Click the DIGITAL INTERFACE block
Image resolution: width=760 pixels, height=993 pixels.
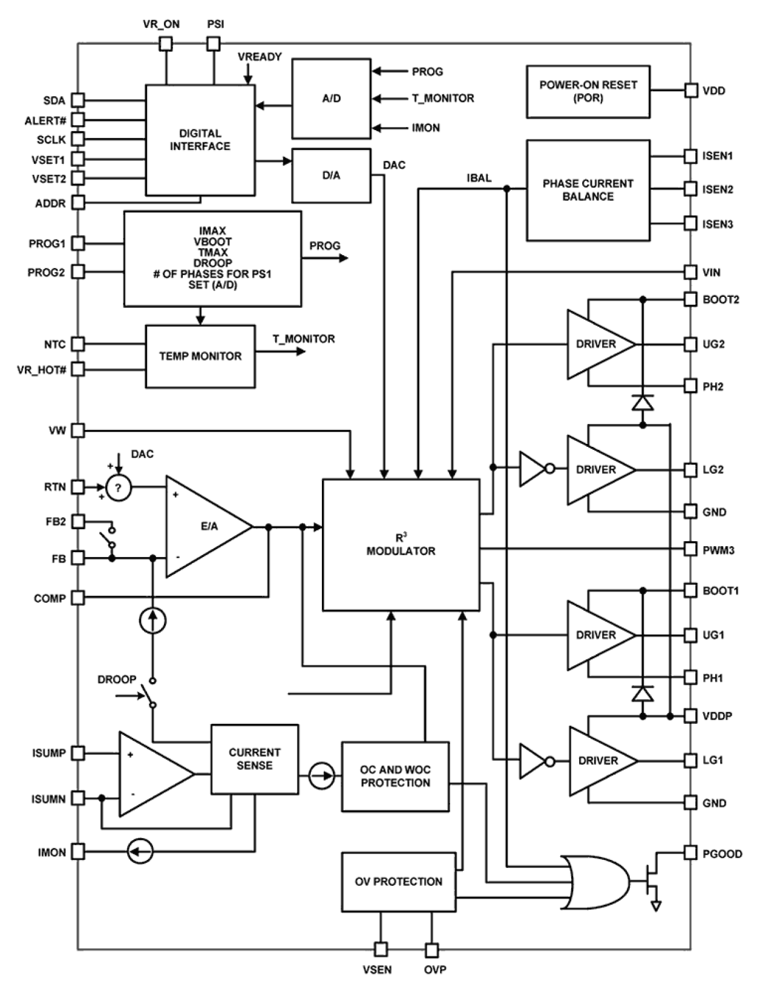[x=200, y=140]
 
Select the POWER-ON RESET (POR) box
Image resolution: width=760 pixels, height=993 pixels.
[x=588, y=92]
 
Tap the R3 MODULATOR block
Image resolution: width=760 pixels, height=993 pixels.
[x=401, y=545]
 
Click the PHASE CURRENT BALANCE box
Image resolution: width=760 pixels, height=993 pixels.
[x=588, y=190]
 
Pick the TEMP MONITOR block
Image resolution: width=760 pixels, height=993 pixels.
[x=200, y=356]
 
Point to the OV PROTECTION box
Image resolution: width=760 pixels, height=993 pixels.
[x=398, y=882]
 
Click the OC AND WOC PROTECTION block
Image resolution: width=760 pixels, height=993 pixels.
[x=395, y=776]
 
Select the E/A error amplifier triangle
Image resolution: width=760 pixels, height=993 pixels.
[x=206, y=527]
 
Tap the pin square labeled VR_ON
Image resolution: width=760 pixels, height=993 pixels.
[x=165, y=44]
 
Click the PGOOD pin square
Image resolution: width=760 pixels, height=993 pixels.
[x=690, y=853]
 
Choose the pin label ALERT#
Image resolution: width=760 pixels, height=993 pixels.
[x=45, y=120]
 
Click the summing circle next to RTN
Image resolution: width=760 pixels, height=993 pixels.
[x=119, y=488]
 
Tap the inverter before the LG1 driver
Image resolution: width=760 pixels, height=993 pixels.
[x=534, y=761]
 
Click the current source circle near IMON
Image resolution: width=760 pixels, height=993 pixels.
[x=140, y=852]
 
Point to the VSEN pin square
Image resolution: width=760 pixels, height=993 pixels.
[x=381, y=949]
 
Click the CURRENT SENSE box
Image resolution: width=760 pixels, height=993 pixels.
[x=254, y=759]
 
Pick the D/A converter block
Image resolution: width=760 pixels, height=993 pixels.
[x=331, y=176]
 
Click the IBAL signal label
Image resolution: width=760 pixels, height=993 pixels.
[x=479, y=178]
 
